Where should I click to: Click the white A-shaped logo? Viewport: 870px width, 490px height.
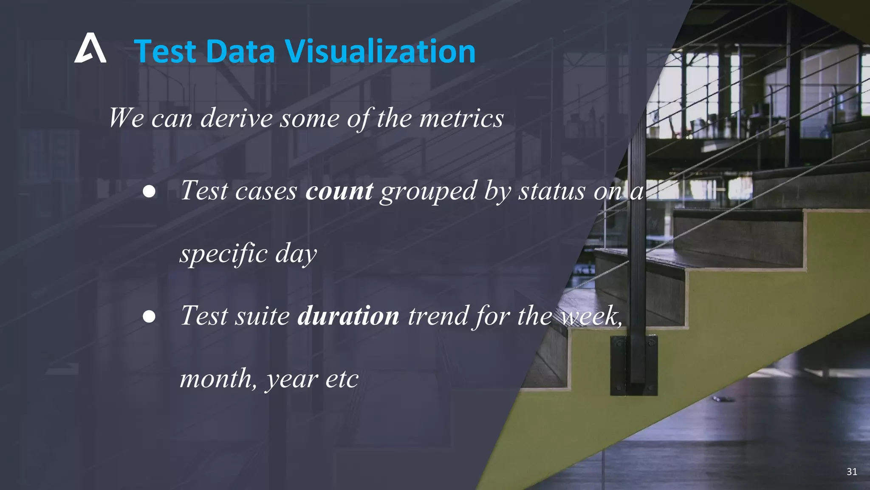(90, 48)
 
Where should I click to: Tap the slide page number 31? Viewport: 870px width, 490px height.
(851, 471)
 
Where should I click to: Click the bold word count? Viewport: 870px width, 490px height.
(339, 191)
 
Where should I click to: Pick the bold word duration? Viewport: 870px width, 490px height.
(348, 316)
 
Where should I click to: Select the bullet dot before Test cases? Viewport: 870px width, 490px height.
(149, 191)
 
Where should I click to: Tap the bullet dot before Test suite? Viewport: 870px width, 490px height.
(149, 316)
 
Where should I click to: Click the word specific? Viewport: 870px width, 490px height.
(223, 254)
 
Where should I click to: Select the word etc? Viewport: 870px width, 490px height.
(342, 379)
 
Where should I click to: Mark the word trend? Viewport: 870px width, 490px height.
(438, 316)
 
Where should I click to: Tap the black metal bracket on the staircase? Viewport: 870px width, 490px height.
(634, 365)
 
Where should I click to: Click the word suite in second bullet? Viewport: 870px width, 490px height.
(262, 316)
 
